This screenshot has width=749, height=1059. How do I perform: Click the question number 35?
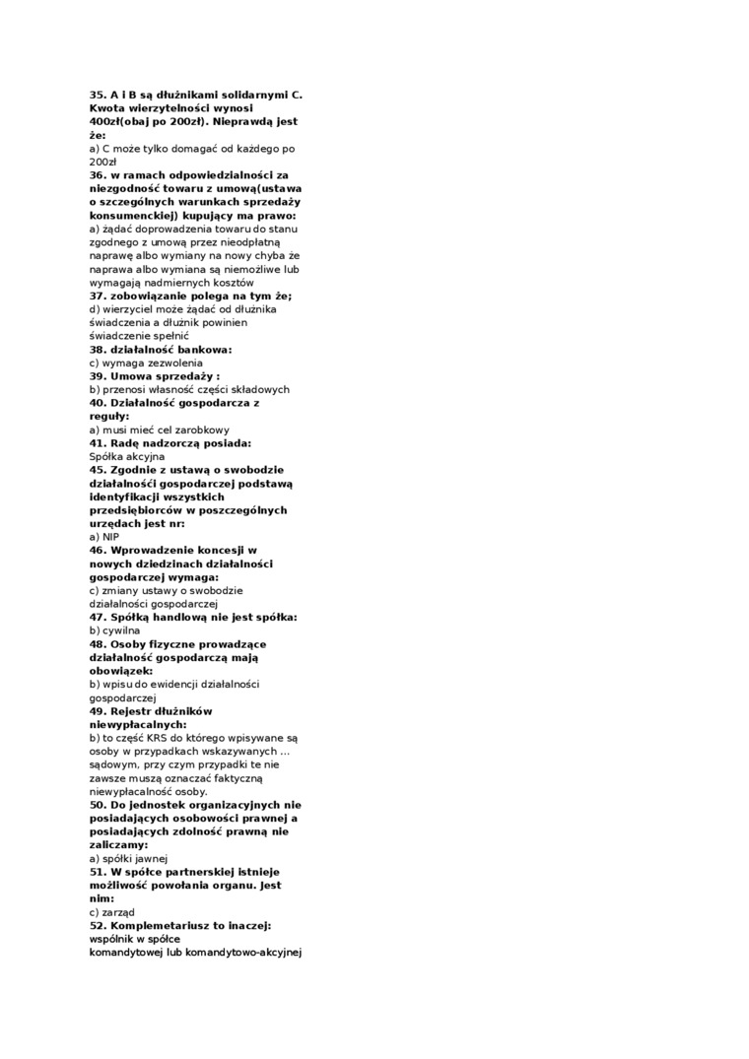(98, 95)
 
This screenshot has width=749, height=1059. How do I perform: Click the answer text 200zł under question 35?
(102, 162)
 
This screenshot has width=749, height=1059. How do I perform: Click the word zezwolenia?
(170, 363)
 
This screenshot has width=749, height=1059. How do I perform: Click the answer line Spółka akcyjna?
(127, 456)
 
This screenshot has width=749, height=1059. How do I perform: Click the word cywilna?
(121, 630)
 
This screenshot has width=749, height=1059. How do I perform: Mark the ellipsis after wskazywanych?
(284, 751)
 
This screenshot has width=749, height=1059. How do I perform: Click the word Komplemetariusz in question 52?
(164, 925)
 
